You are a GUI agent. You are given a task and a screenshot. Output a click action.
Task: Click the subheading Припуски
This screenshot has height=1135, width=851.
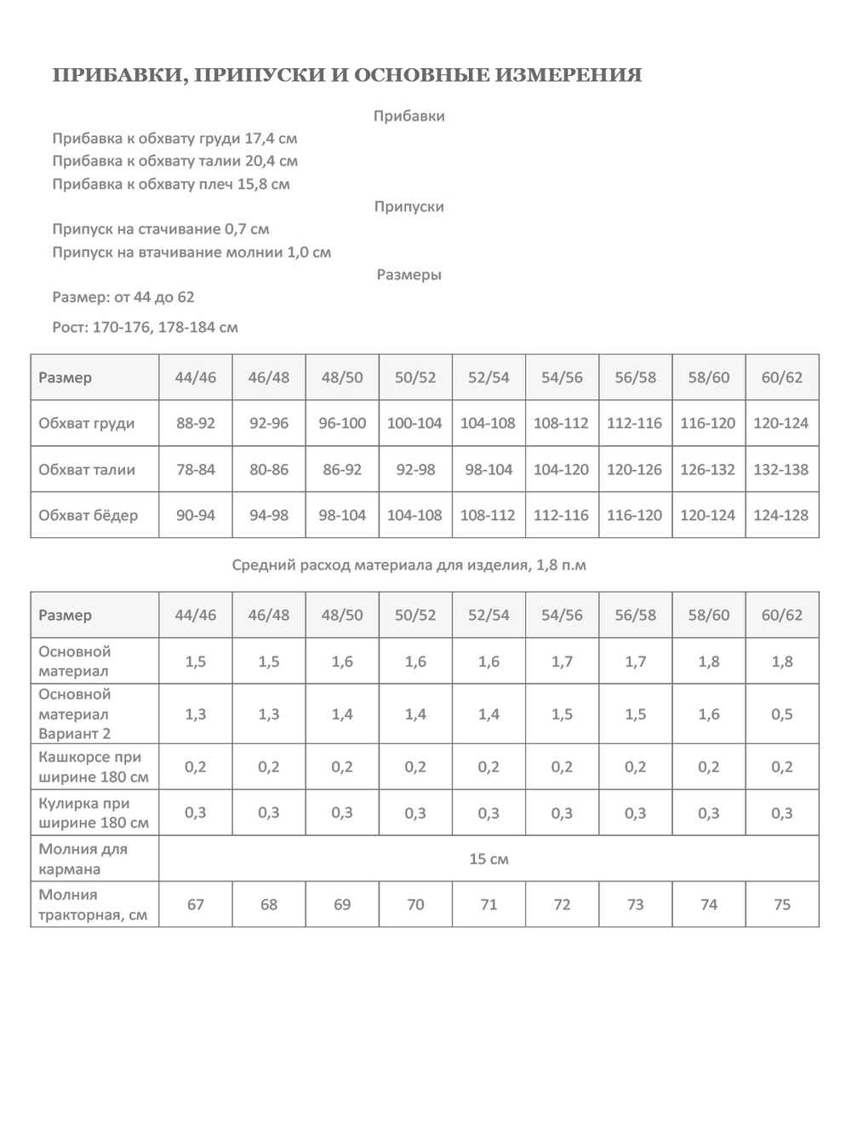[x=409, y=207]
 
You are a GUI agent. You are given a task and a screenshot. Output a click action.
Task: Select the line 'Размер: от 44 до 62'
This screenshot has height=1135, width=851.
[x=123, y=297]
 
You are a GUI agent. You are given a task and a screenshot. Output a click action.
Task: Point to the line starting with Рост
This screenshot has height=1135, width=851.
[x=145, y=328]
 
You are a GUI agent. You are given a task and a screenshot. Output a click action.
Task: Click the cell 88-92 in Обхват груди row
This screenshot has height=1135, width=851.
[x=196, y=423]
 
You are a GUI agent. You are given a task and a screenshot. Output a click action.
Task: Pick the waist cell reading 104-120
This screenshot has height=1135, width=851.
[x=562, y=469]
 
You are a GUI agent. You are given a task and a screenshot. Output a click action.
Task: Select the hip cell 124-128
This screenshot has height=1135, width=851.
[x=781, y=515]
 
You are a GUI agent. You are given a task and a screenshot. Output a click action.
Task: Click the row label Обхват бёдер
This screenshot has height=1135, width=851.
[x=88, y=515]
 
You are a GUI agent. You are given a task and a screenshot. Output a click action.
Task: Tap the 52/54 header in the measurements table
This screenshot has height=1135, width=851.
[x=488, y=377]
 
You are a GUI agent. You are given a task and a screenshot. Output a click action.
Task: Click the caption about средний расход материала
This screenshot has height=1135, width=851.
[x=408, y=565]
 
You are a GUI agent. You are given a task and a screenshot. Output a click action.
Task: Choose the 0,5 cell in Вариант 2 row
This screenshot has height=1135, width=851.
[x=782, y=714]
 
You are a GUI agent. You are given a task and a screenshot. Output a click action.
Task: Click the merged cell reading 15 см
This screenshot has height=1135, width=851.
[x=488, y=859]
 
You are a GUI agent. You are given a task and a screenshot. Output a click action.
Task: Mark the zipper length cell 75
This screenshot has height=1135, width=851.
[x=782, y=904]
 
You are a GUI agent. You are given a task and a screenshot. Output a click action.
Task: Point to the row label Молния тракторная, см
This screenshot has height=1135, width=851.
[x=93, y=905]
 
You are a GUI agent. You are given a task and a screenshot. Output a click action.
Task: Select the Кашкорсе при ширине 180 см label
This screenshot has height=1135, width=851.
[x=93, y=767]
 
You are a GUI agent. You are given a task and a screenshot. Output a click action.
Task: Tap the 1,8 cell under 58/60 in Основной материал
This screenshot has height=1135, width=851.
[x=709, y=662]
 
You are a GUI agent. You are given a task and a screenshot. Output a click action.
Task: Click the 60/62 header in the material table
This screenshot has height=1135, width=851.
[x=782, y=615]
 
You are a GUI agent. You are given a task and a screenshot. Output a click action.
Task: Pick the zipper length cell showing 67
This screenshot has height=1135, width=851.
[x=196, y=904]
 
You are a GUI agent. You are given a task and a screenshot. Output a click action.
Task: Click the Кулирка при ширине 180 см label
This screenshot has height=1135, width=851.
[x=93, y=813]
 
